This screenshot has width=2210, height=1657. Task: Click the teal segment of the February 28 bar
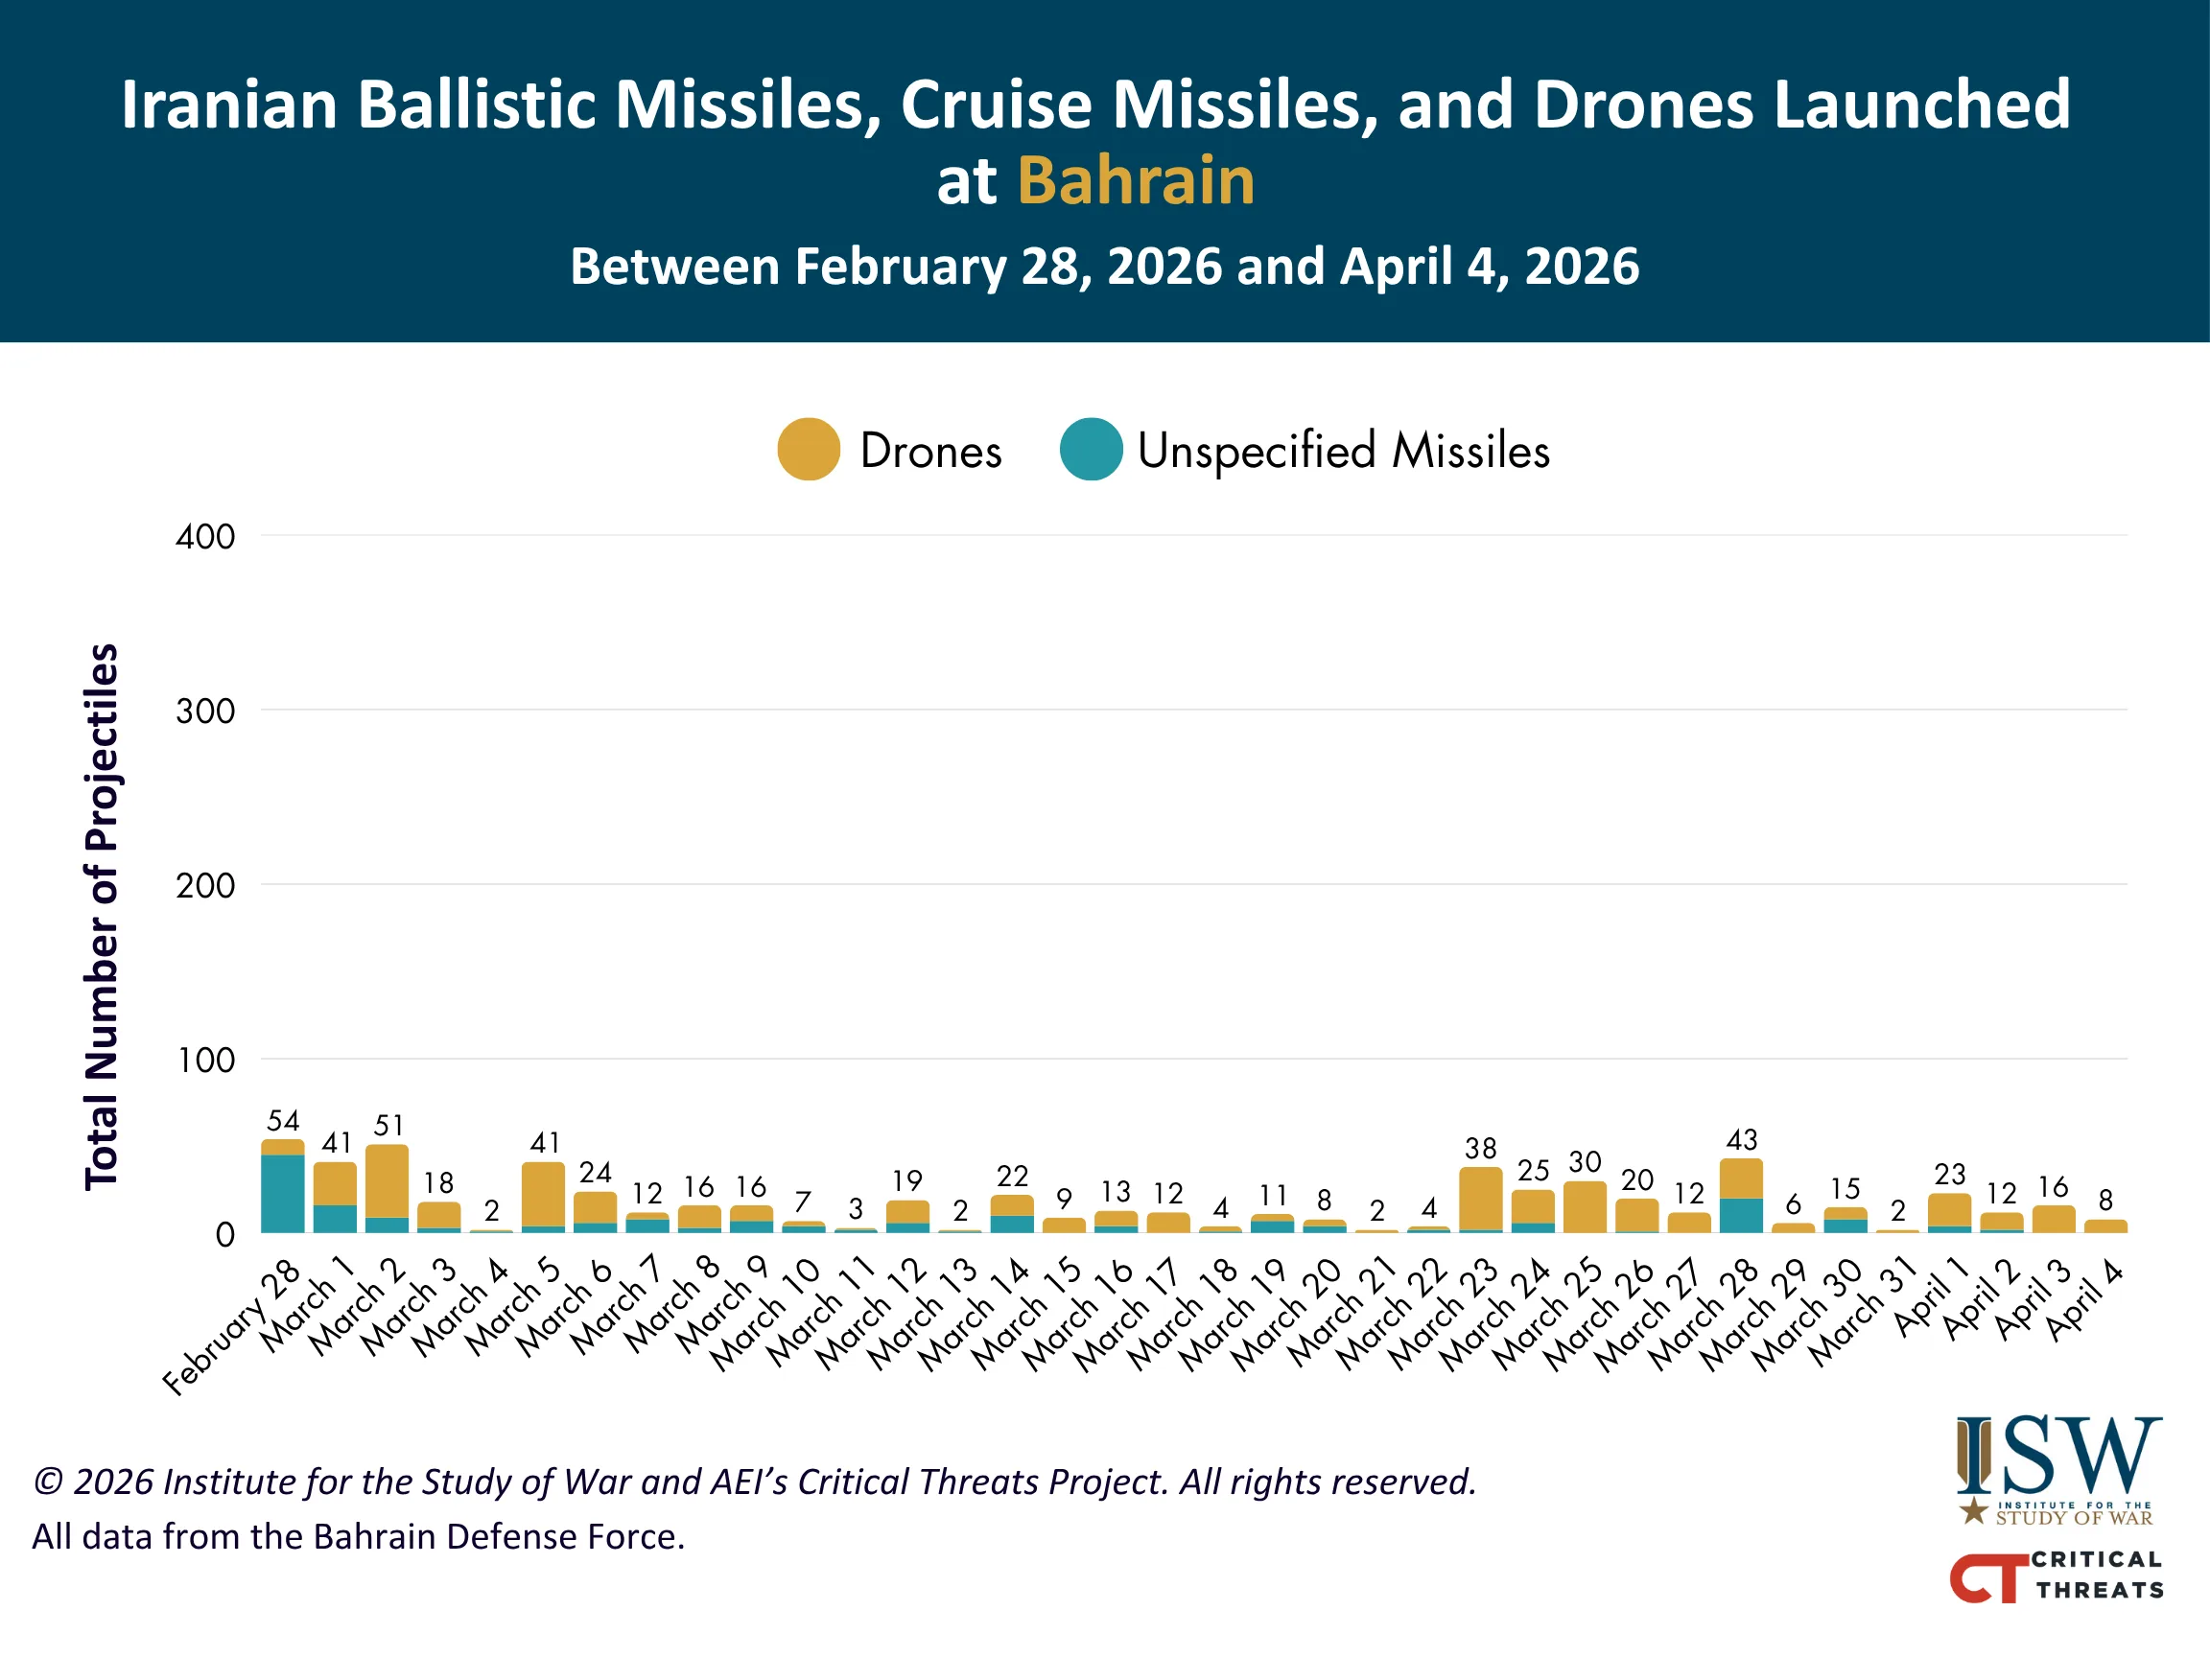pos(283,1194)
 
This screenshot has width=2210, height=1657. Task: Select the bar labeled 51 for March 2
pos(388,1183)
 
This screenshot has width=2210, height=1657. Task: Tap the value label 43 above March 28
pos(1741,1139)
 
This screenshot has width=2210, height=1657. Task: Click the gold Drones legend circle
pos(809,450)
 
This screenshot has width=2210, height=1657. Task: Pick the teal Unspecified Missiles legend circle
pos(1091,450)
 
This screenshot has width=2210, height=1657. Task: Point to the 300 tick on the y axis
pos(206,712)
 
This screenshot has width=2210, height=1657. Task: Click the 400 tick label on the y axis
pos(206,537)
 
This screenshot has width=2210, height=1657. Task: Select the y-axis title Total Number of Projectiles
pos(102,916)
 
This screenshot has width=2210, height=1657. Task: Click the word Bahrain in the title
pos(1136,181)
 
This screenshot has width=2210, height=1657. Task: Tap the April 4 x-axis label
pos(2084,1300)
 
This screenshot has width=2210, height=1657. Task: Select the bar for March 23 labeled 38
pos(1481,1200)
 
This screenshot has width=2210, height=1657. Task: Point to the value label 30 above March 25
pos(1585,1161)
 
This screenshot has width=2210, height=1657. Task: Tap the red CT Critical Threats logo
pos(2057,1576)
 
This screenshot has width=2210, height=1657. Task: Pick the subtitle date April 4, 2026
pos(1490,267)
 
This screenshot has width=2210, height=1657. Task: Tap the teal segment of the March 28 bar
pos(1741,1216)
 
